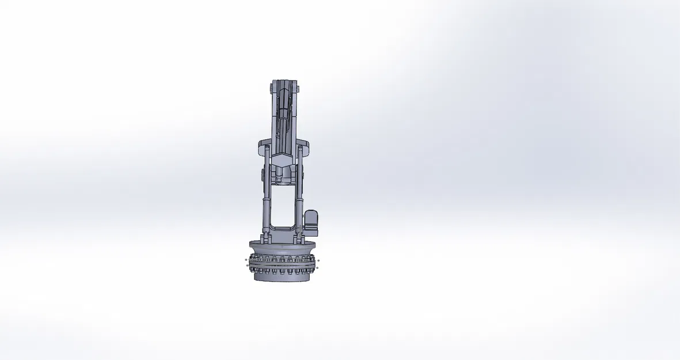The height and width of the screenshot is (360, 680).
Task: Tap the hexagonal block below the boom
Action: point(282,160)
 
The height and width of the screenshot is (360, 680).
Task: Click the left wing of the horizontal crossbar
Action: point(261,144)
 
